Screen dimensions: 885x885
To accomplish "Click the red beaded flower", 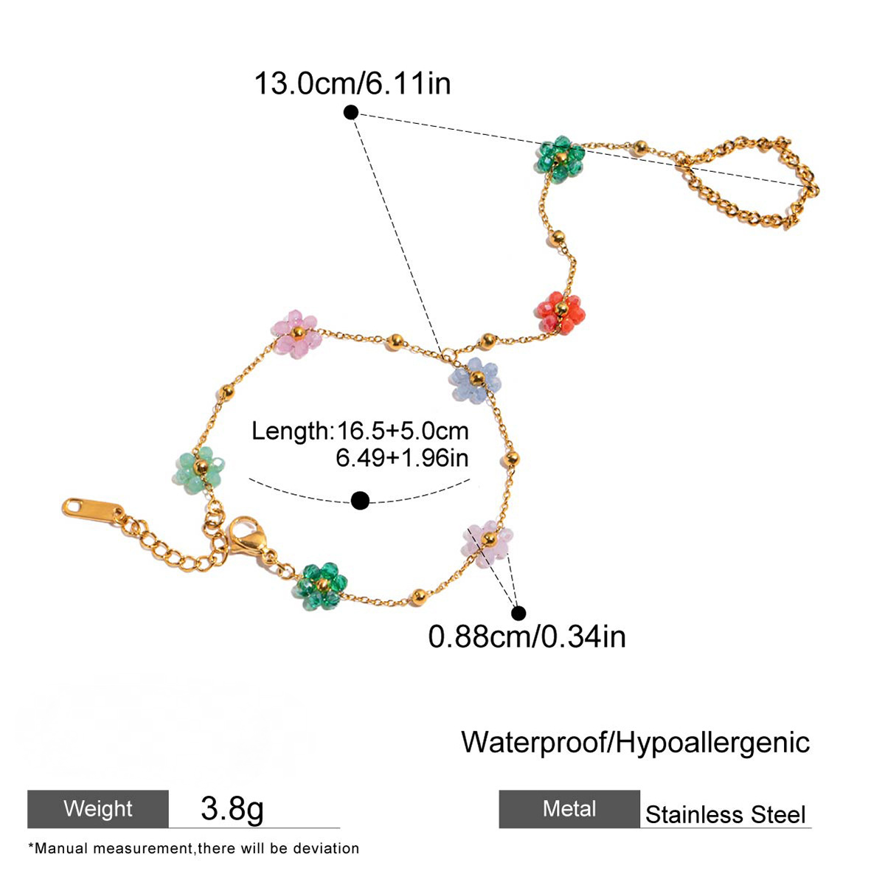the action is point(560,312).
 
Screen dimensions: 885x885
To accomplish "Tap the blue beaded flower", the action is point(476,380).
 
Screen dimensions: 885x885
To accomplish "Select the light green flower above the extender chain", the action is point(201,469).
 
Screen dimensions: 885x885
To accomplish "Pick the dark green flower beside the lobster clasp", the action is point(321,586).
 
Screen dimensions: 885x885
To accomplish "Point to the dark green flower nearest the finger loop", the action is point(560,159).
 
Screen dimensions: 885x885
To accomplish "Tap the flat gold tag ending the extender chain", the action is point(93,510).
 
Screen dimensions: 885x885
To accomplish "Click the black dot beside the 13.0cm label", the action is point(351,112).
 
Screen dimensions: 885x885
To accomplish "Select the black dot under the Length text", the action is point(360,500).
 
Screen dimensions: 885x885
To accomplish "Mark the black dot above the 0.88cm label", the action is point(518,613).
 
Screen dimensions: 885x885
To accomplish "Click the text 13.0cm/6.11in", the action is point(353,83).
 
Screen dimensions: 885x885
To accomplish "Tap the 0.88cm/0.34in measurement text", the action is point(527,636).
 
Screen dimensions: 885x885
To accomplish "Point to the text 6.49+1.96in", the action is point(402,458).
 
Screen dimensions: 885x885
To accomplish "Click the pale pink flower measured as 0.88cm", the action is point(487,544).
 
